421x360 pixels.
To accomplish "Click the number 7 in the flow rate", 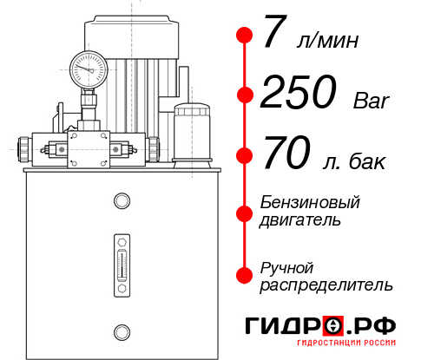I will (x=275, y=35).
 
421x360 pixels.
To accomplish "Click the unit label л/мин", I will (x=326, y=40).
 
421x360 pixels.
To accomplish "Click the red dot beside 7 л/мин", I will (x=245, y=36).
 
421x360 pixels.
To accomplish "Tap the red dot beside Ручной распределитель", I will (x=245, y=275).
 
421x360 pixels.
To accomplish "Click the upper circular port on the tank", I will (x=122, y=201).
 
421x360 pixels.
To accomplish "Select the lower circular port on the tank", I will (x=122, y=330).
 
